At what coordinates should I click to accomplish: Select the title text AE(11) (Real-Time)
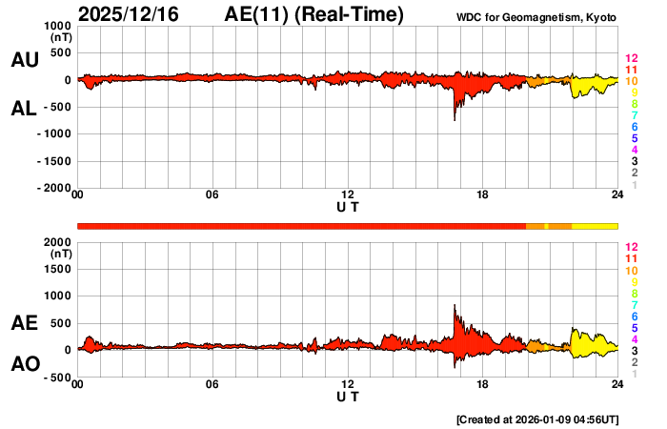tap(314, 14)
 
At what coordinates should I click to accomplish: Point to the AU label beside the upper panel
tap(25, 60)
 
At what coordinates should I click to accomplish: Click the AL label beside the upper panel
tap(25, 109)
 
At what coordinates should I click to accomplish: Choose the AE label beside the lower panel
tap(25, 323)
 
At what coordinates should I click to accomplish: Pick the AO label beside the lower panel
tap(25, 364)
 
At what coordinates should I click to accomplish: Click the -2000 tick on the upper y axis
tap(55, 188)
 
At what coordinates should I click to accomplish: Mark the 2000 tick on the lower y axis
tap(59, 242)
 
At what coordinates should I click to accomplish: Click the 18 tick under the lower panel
tap(483, 384)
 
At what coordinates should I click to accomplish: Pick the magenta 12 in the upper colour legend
tap(631, 58)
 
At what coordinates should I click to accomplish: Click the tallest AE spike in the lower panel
tap(455, 307)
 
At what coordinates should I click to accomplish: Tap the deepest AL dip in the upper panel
tap(455, 118)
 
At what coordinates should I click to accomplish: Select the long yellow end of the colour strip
tap(596, 226)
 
